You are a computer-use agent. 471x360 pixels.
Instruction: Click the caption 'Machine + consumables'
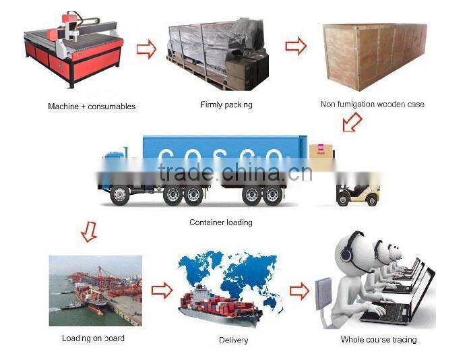pos(92,107)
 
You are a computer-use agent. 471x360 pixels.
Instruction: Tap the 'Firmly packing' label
pos(226,104)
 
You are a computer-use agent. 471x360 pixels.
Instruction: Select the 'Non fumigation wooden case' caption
pos(372,104)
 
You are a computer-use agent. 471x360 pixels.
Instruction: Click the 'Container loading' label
pos(220,222)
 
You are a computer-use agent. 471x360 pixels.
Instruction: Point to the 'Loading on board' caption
pos(93,338)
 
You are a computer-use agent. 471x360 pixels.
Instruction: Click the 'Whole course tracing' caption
pos(378,339)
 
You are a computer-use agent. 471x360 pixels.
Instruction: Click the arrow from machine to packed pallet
pos(146,49)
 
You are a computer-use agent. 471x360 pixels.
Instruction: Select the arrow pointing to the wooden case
pos(296,47)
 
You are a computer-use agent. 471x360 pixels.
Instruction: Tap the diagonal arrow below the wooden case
pos(351,122)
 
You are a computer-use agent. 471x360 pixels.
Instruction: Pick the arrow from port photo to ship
pos(162,291)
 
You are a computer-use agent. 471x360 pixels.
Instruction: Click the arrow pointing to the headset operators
pos(299,291)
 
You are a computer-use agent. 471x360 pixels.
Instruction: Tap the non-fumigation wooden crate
pos(373,55)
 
